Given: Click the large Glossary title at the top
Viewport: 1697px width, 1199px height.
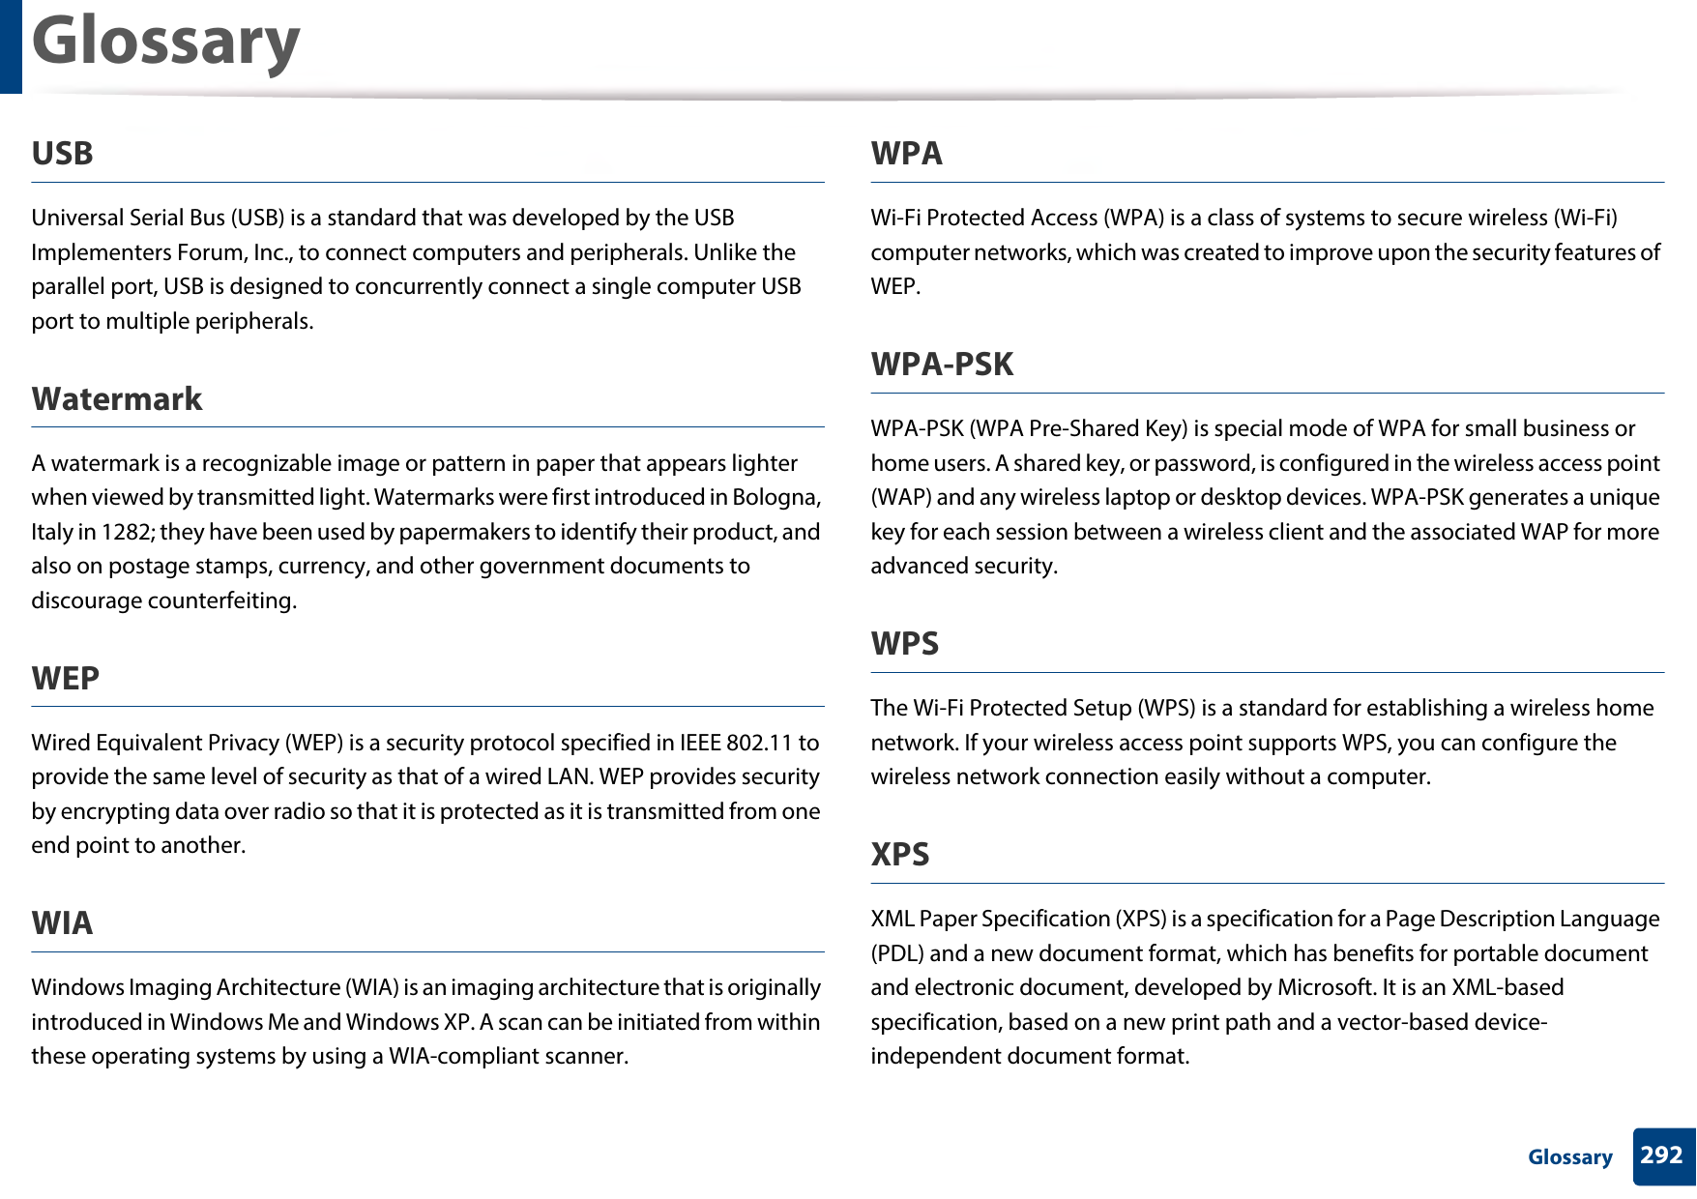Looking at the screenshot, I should (x=165, y=43).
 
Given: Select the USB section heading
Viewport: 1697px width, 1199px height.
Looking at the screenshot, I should (x=62, y=154).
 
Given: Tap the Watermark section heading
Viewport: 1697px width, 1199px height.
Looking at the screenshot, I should (x=117, y=399).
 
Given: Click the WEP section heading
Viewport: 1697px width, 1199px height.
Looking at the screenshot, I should (x=65, y=679).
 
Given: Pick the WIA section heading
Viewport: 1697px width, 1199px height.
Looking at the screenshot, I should (x=62, y=923).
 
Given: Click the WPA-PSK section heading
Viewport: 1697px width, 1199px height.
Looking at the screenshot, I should (x=942, y=365).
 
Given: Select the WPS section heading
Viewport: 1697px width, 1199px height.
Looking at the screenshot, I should (x=904, y=644).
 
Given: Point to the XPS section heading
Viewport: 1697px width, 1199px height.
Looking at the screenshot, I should (x=899, y=855).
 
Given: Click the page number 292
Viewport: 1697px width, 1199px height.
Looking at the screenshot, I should (x=1661, y=1155).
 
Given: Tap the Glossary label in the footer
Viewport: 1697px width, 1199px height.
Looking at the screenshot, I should (x=1569, y=1157).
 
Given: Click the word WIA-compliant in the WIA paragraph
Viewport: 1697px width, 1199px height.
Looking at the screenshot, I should (x=460, y=1056).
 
